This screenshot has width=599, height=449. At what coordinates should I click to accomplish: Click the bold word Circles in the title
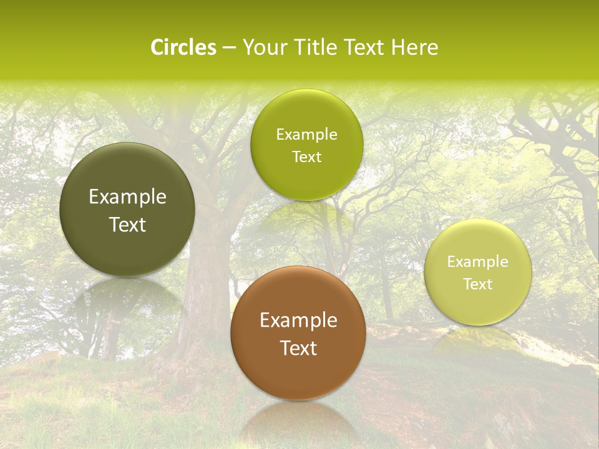183,47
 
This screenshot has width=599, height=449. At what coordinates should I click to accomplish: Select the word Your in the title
262,47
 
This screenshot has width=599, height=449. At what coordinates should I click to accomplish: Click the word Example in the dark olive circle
127,197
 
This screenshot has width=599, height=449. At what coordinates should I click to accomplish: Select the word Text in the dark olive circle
127,224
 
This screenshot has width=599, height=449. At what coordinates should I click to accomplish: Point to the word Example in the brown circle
298,321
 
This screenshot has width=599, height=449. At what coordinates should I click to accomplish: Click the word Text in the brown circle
298,348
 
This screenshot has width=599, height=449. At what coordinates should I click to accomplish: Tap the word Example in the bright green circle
306,135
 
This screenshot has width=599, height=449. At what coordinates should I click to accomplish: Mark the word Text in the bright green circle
306,157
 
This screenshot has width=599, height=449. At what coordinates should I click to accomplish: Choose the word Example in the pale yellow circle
478,262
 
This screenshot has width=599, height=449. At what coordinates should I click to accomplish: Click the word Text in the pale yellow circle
478,284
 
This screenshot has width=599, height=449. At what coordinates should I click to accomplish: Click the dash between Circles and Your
229,48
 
